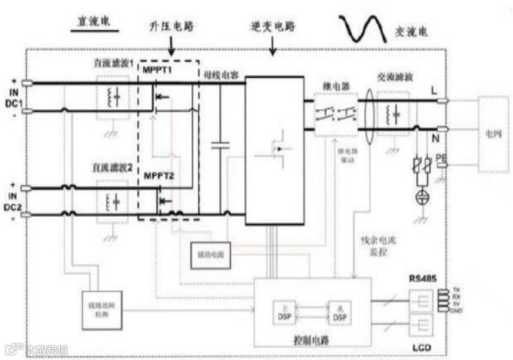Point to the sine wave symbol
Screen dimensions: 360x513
coord(361,27)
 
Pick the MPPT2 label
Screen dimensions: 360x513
coord(158,175)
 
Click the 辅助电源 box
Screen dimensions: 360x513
coord(211,256)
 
